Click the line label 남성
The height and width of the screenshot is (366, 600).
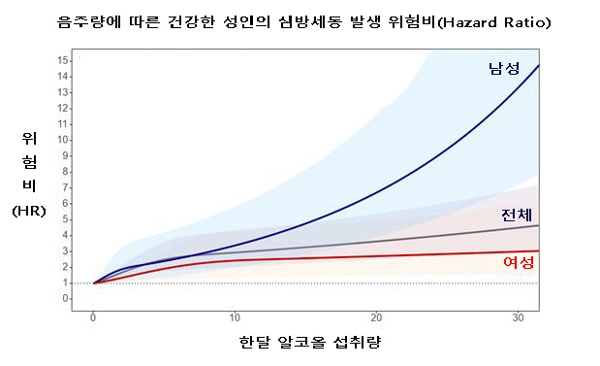[504, 68]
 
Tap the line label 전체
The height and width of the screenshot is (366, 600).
[516, 215]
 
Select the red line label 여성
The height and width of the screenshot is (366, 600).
[519, 263]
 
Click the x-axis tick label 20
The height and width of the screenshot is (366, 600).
[377, 317]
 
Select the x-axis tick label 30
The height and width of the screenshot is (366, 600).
[520, 317]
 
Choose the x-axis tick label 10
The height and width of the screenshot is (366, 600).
[236, 317]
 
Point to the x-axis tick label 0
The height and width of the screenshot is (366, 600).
[93, 317]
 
